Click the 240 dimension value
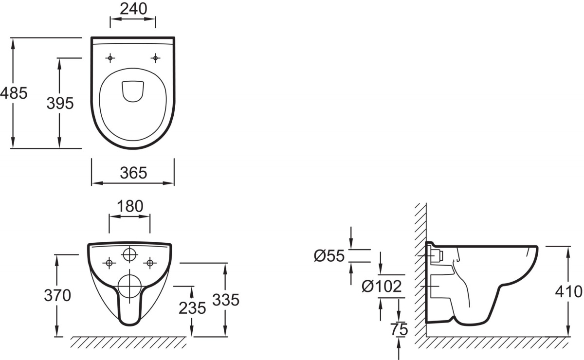(x=133, y=9)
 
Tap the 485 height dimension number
(x=14, y=93)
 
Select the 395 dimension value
(x=60, y=103)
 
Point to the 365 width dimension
(x=133, y=173)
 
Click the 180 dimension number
(x=130, y=206)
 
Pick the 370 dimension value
(x=57, y=296)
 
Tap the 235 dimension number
(x=192, y=308)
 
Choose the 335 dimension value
(x=226, y=300)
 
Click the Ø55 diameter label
(x=329, y=256)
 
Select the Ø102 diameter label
(x=382, y=287)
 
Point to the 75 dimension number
(x=399, y=329)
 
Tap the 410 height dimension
(x=568, y=292)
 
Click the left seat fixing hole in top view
(x=110, y=58)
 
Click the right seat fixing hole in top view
(x=155, y=58)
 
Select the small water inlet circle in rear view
(x=129, y=254)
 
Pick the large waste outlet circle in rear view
(x=129, y=286)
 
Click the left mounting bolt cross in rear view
(x=109, y=263)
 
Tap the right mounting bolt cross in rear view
(x=150, y=263)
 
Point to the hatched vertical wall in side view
(x=420, y=270)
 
